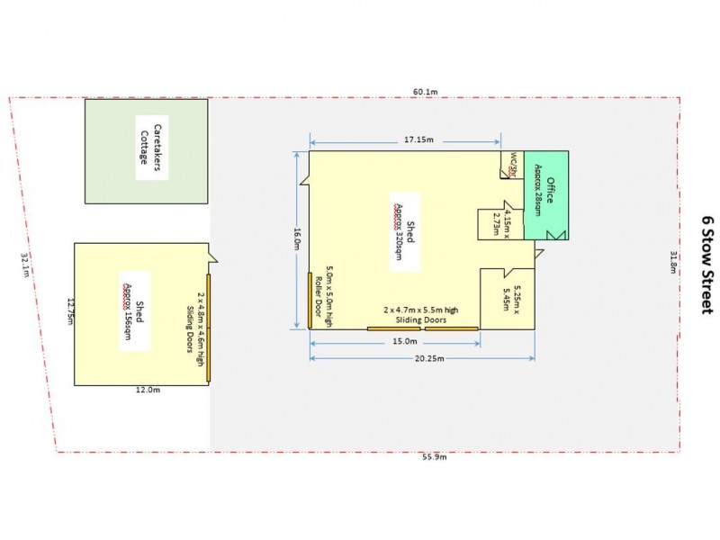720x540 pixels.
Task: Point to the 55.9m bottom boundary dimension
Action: [x=434, y=457]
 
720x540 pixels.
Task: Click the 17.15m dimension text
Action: [x=418, y=139]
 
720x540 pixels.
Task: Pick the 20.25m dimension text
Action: [x=419, y=357]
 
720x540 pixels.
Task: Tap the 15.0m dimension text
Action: [x=405, y=341]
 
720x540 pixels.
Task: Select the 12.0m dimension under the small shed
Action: [x=148, y=390]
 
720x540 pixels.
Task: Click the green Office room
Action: [x=545, y=193]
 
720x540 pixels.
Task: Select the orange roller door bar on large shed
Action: [x=310, y=301]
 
